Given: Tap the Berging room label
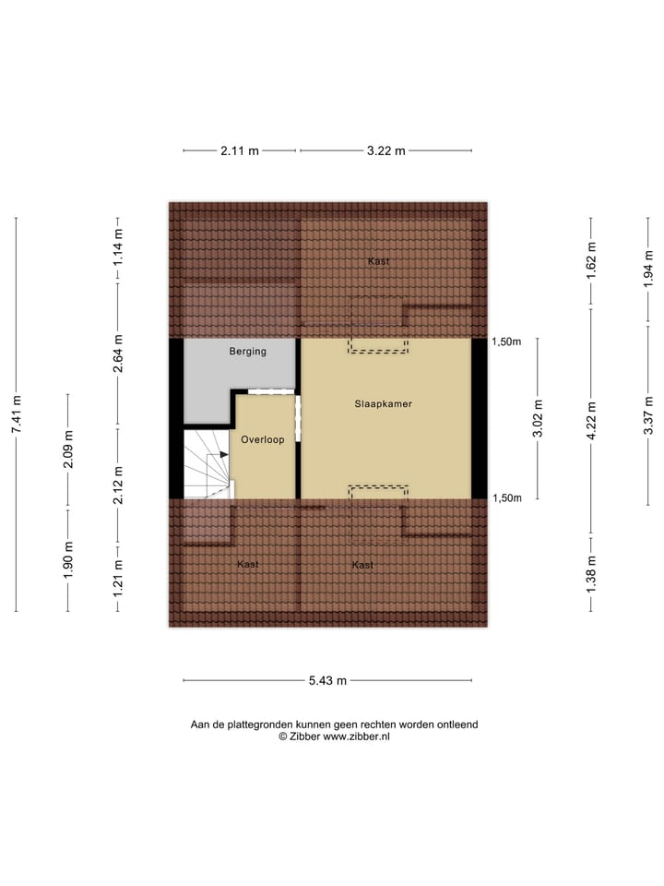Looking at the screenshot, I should click(x=247, y=352).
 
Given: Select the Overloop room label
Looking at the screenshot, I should click(x=263, y=440).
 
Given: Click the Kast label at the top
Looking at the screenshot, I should click(x=378, y=261).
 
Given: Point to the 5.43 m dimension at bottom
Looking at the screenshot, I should click(x=327, y=681).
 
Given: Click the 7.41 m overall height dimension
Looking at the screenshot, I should click(x=16, y=413).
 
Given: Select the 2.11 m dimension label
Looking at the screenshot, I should click(x=240, y=151).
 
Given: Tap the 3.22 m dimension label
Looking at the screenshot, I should click(x=385, y=151).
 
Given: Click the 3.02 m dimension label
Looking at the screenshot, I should click(x=539, y=417).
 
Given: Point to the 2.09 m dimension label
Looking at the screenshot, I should click(x=67, y=450).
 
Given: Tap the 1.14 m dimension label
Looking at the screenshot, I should click(x=118, y=247).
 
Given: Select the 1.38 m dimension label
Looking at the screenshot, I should click(x=591, y=572).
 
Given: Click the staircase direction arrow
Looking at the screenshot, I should click(x=221, y=455).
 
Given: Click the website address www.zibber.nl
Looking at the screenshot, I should click(x=355, y=737).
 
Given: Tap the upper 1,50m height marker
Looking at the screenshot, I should click(x=506, y=341).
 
